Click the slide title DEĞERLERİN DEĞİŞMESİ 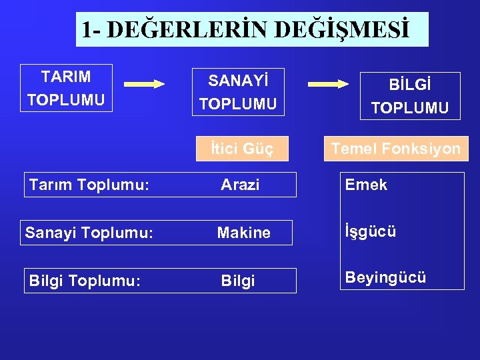coord(251,29)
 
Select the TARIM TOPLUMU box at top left coord(66,88)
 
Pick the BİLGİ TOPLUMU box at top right coord(410,96)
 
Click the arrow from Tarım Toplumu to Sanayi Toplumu coord(144,84)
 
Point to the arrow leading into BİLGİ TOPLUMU coord(328,84)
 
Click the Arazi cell coord(240,185)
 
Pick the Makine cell coord(244,233)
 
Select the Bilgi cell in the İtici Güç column coord(238,281)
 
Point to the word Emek coord(366,185)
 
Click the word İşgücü coord(371,232)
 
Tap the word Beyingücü coord(385,277)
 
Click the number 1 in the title coord(87,30)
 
